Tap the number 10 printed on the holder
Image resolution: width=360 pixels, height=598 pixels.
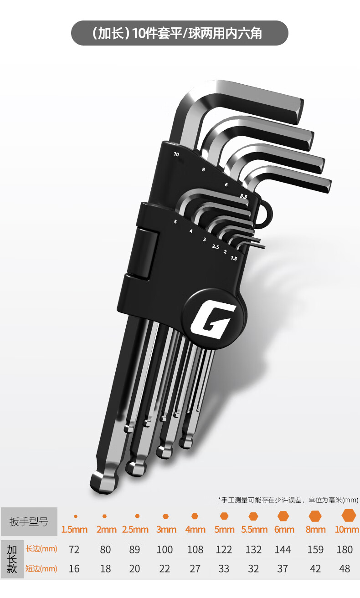[x=176, y=154]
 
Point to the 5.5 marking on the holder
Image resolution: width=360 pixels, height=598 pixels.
[x=243, y=196]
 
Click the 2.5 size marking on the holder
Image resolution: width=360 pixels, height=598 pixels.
[x=216, y=247]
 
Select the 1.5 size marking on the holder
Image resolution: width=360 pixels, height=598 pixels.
[x=234, y=258]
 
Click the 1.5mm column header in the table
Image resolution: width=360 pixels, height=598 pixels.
[x=75, y=529]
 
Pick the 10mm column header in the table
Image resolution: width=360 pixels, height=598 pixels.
[x=347, y=529]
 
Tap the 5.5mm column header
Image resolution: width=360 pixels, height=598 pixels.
[x=254, y=529]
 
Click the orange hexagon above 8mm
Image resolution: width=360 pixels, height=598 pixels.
[x=315, y=516]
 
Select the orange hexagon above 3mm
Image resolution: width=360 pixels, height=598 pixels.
[x=165, y=516]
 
